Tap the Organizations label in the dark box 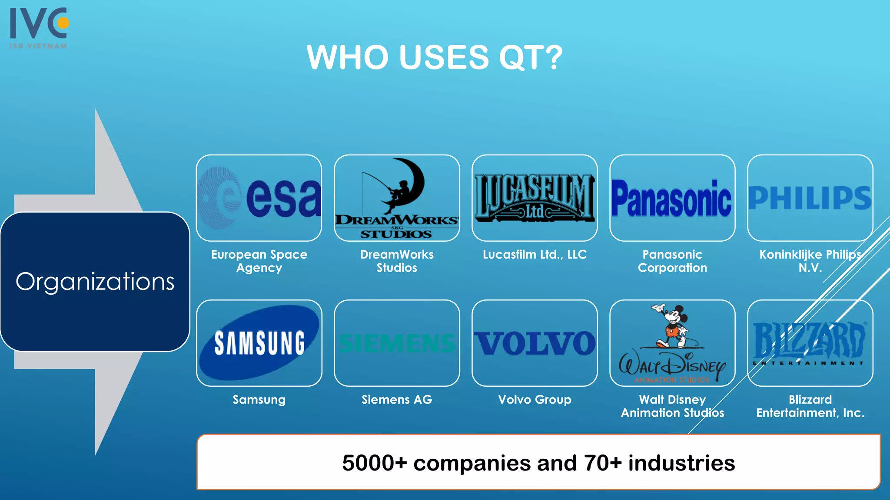pos(95,281)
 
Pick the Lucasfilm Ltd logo pos(535,198)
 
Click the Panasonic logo pos(672,199)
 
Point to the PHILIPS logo pos(810,198)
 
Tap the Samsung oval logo pos(259,343)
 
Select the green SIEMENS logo pos(397,343)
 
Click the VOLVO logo pos(535,343)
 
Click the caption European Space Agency pos(259,261)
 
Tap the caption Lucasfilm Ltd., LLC pos(535,254)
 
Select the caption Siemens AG pos(397,399)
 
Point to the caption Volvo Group pos(535,399)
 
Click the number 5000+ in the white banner pos(374,463)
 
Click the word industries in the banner pos(681,463)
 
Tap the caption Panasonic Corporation pos(672,261)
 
